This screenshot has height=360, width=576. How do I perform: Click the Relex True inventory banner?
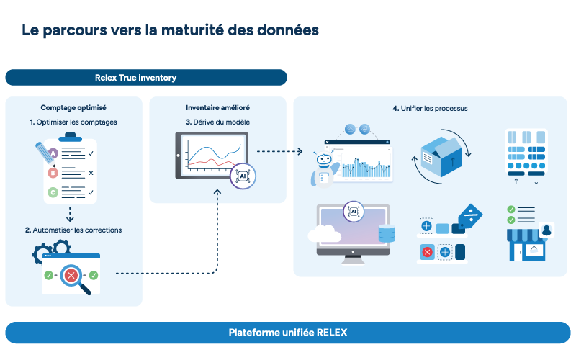click(146, 78)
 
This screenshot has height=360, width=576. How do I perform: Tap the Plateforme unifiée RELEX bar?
click(288, 333)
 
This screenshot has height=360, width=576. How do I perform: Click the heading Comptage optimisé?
click(73, 107)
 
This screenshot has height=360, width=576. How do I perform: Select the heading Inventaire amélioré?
click(218, 107)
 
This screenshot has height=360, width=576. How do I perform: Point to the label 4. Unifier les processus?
click(430, 109)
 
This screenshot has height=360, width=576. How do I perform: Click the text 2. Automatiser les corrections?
click(73, 230)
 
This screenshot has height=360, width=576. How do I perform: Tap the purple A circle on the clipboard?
click(53, 153)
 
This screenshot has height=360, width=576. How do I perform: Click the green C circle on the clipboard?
click(53, 192)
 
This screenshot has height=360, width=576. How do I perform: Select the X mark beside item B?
click(91, 173)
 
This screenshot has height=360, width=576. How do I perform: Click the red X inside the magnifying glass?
click(71, 275)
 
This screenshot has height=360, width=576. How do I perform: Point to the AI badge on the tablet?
click(243, 176)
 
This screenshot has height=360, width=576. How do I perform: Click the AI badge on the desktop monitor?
click(354, 212)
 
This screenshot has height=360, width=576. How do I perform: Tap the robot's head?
click(324, 159)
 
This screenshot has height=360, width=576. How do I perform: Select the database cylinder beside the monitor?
click(387, 233)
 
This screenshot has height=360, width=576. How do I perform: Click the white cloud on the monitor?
click(324, 233)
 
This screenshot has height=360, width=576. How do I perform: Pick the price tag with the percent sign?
click(470, 216)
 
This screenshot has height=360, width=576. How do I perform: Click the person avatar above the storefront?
click(546, 230)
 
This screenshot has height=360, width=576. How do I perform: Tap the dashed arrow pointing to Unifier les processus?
click(279, 151)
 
